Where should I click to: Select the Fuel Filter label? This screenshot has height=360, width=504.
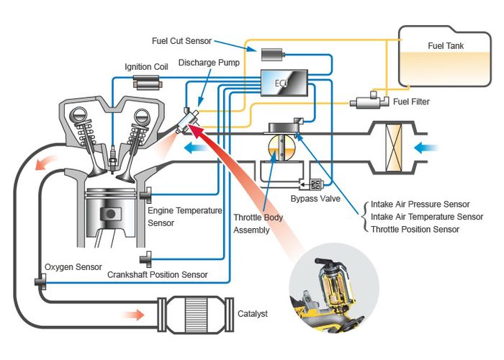(411, 102)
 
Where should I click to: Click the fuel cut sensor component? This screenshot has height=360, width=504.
(274, 55)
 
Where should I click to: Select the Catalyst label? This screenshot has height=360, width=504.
(253, 314)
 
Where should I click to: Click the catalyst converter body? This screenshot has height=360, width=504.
(199, 314)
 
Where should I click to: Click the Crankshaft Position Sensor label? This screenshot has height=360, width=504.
(157, 274)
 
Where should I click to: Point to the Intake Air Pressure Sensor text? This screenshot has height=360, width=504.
(420, 204)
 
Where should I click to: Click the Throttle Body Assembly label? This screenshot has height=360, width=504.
(258, 224)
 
